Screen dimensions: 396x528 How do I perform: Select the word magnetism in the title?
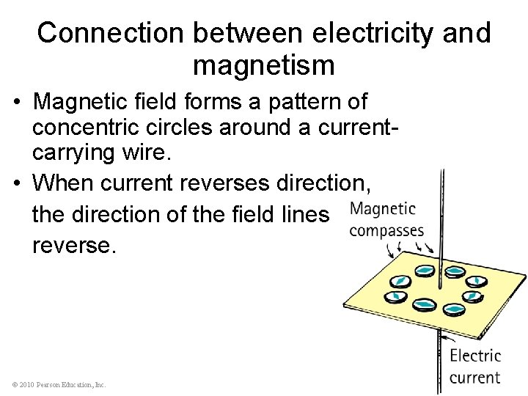coord(264,65)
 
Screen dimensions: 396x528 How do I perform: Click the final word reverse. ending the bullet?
coord(74,244)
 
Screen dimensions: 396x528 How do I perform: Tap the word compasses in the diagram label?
coord(386,231)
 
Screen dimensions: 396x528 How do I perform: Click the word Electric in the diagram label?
coord(475,356)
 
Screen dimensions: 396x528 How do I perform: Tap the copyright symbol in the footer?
coord(15,384)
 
